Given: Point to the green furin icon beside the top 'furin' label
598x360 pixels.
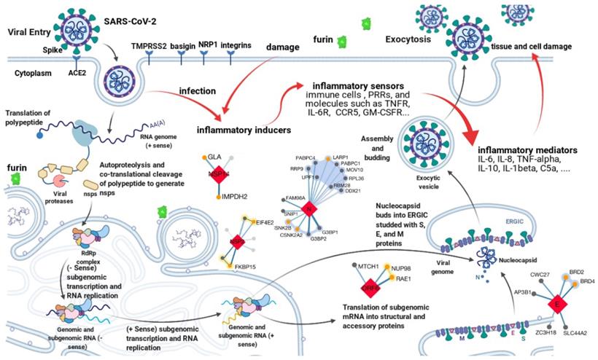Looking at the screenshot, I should [341, 42].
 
